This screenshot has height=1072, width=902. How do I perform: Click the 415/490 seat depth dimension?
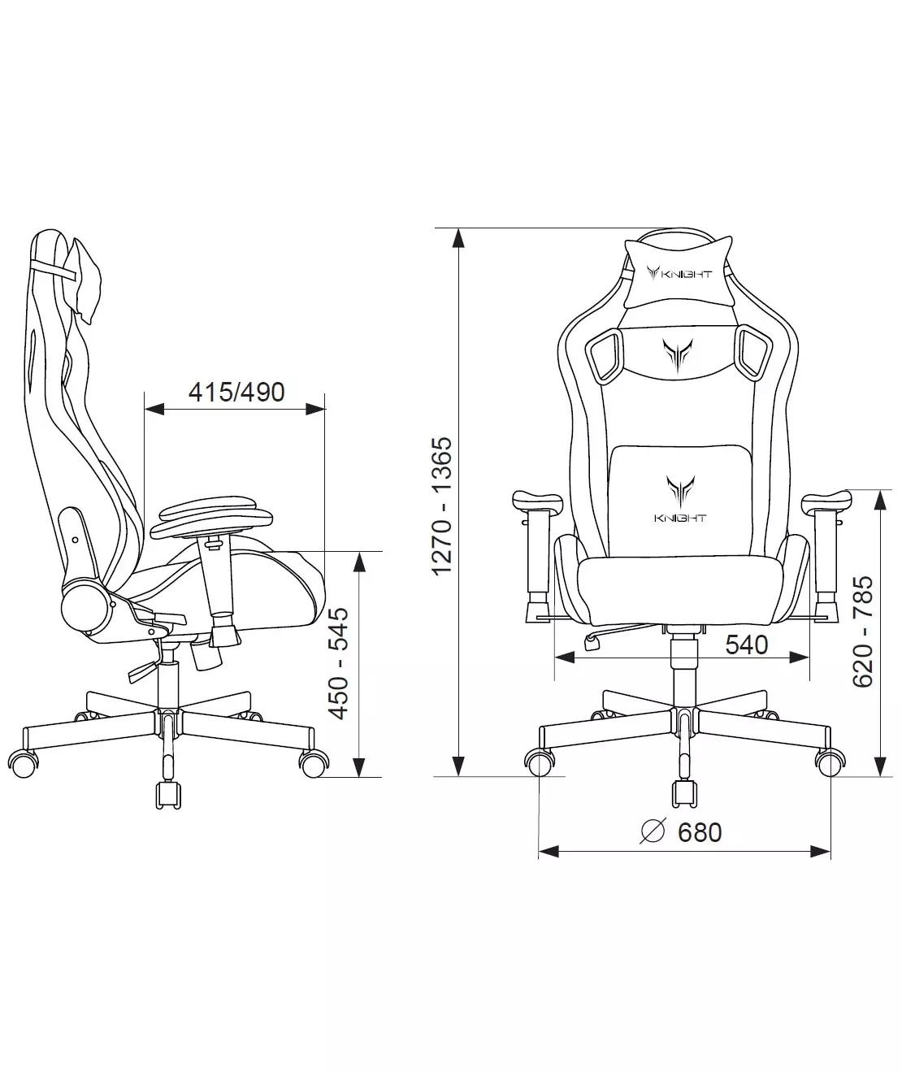236,393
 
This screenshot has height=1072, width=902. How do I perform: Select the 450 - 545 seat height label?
339,663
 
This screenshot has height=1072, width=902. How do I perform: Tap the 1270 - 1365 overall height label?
442,506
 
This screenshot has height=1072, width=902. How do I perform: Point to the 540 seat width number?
747,645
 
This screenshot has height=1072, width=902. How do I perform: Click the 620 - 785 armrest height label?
862,631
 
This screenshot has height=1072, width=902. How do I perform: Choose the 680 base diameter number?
700,832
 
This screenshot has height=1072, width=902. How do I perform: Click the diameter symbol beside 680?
653,831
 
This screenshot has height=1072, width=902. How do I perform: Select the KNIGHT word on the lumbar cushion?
679,518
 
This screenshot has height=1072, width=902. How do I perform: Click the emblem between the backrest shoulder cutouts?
678,355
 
